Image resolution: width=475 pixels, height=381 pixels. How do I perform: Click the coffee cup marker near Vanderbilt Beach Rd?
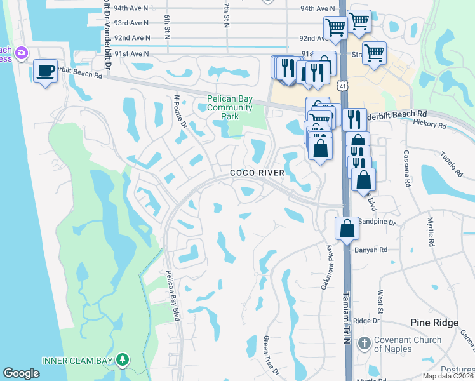tap(44, 70)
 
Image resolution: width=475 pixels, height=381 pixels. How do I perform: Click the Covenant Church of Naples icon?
tap(364, 344)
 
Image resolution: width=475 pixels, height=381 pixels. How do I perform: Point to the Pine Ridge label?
tap(434, 323)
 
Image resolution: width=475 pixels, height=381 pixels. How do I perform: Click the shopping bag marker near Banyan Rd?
tap(347, 227)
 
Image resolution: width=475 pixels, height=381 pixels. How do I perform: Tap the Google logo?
tap(22, 373)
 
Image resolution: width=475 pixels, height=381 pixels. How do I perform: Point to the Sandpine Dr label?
tap(377, 223)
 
